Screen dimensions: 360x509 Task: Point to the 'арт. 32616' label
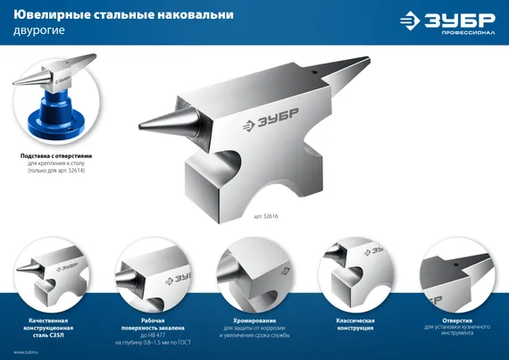(x=266, y=217)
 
